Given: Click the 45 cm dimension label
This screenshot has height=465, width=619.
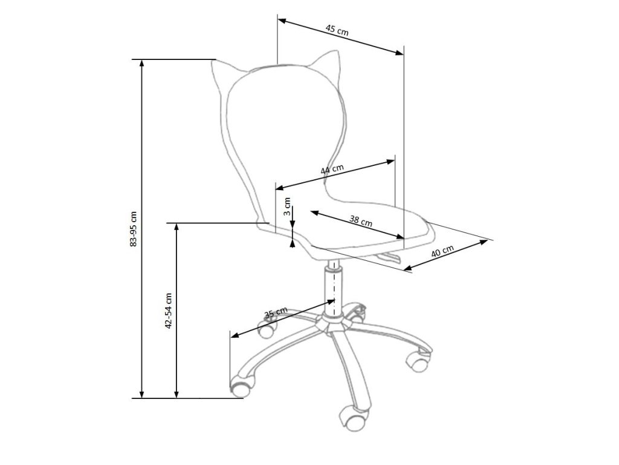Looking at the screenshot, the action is coord(337,29).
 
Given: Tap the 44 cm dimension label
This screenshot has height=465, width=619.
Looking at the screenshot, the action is coord(332,170).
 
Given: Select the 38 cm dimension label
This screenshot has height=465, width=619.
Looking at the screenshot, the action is coord(360,221).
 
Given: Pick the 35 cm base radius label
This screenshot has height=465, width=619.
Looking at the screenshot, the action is coord(276,313).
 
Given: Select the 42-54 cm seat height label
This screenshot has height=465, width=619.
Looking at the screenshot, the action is coord(169,310).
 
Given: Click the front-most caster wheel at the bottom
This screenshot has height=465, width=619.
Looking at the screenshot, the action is coord(352,416).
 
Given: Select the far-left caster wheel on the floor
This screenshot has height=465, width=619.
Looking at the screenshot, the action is coord(241,386).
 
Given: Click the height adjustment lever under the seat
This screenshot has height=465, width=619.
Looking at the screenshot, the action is coord(387,259).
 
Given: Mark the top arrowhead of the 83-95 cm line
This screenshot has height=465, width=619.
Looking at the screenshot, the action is coord(142,63).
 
